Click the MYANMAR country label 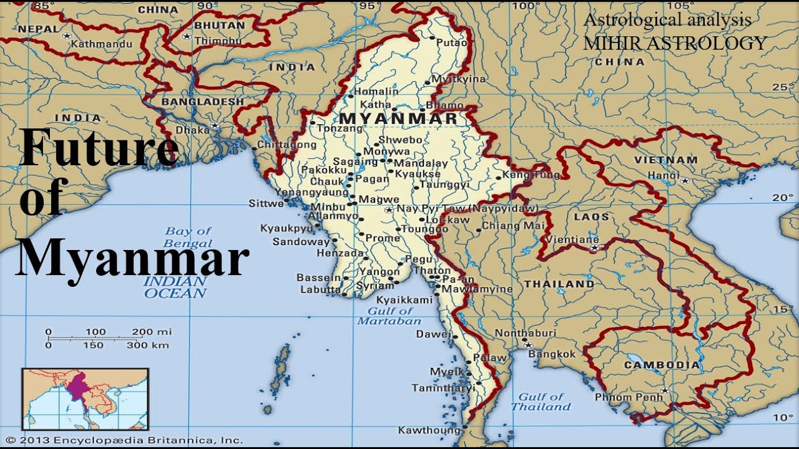[397, 118]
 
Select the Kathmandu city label [101, 44]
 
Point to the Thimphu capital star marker [186, 37]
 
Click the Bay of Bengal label [188, 238]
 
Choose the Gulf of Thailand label [541, 402]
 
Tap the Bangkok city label [552, 354]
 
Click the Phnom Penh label [628, 397]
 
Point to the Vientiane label [572, 239]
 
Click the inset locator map [86, 400]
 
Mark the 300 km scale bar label [147, 345]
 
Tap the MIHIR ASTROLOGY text [675, 43]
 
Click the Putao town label [451, 43]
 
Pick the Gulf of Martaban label [390, 316]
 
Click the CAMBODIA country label [662, 365]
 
